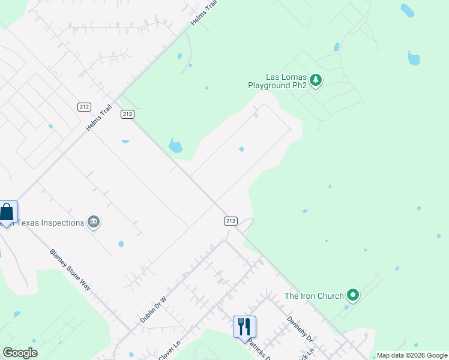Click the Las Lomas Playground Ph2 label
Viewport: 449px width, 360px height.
point(278,82)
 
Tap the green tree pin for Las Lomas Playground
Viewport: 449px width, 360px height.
point(316,80)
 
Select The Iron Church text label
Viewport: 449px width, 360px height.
point(314,296)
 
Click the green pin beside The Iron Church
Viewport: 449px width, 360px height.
point(354,295)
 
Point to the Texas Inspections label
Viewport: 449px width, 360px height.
point(50,223)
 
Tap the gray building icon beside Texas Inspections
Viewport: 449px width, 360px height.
point(94,223)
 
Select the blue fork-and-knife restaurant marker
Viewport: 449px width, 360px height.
point(244,327)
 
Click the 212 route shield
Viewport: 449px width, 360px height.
point(84,107)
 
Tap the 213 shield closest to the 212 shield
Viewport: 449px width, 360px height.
point(127,114)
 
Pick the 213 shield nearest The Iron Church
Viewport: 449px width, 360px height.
point(231,221)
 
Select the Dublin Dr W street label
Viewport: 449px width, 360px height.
point(153,309)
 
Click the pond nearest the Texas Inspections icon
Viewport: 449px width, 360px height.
point(121,244)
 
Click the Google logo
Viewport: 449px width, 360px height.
point(20,353)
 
